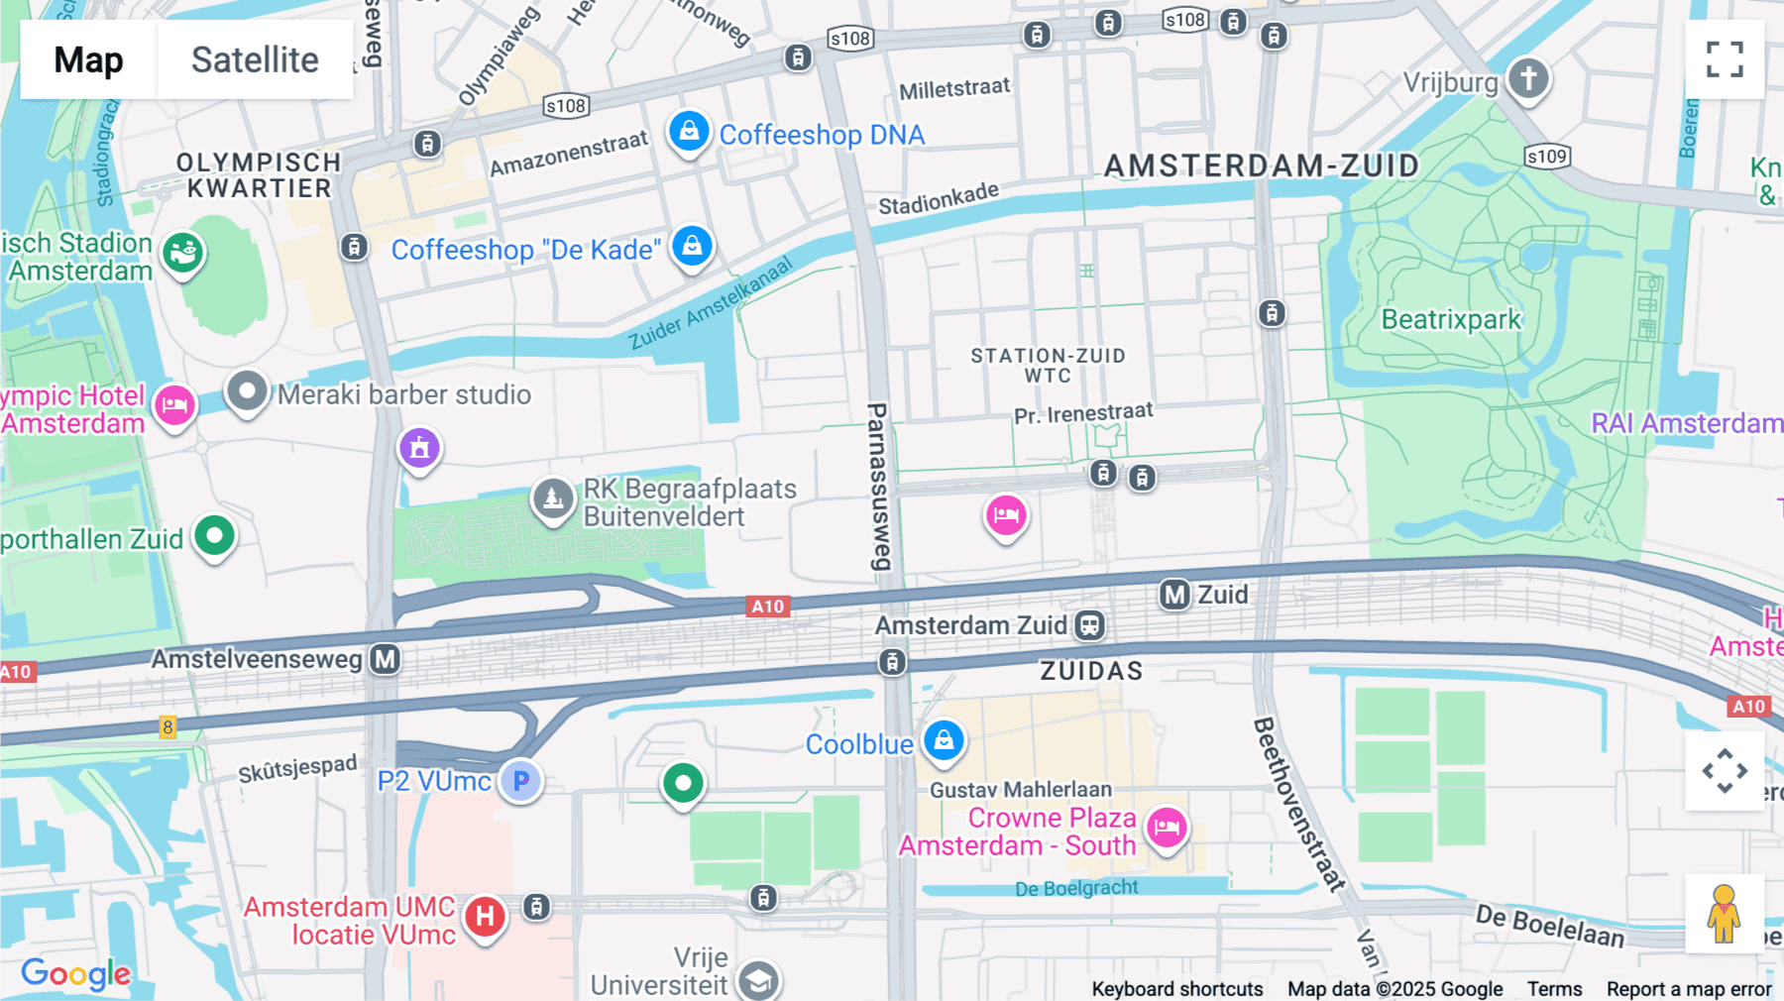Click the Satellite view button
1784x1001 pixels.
[255, 59]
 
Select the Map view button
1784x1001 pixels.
[88, 59]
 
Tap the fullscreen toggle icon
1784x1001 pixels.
[1725, 59]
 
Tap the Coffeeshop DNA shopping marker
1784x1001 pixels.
[689, 131]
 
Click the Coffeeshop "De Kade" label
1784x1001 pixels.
[525, 250]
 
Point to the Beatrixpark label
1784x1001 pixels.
[1451, 319]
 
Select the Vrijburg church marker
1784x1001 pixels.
[1528, 77]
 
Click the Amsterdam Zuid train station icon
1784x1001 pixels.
[1089, 625]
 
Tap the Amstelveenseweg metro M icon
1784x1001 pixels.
[386, 659]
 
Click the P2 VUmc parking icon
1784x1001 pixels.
[520, 781]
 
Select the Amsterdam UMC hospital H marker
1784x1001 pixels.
[485, 917]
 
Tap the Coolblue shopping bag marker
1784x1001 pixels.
[944, 740]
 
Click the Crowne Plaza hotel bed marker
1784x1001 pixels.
[1167, 827]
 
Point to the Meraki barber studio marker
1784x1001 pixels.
[247, 391]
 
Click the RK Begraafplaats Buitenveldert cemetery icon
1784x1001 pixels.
[553, 499]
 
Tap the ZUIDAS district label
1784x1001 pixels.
[1091, 671]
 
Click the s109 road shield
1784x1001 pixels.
[1546, 157]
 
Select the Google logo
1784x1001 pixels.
[75, 974]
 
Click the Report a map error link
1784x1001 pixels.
[1689, 989]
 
